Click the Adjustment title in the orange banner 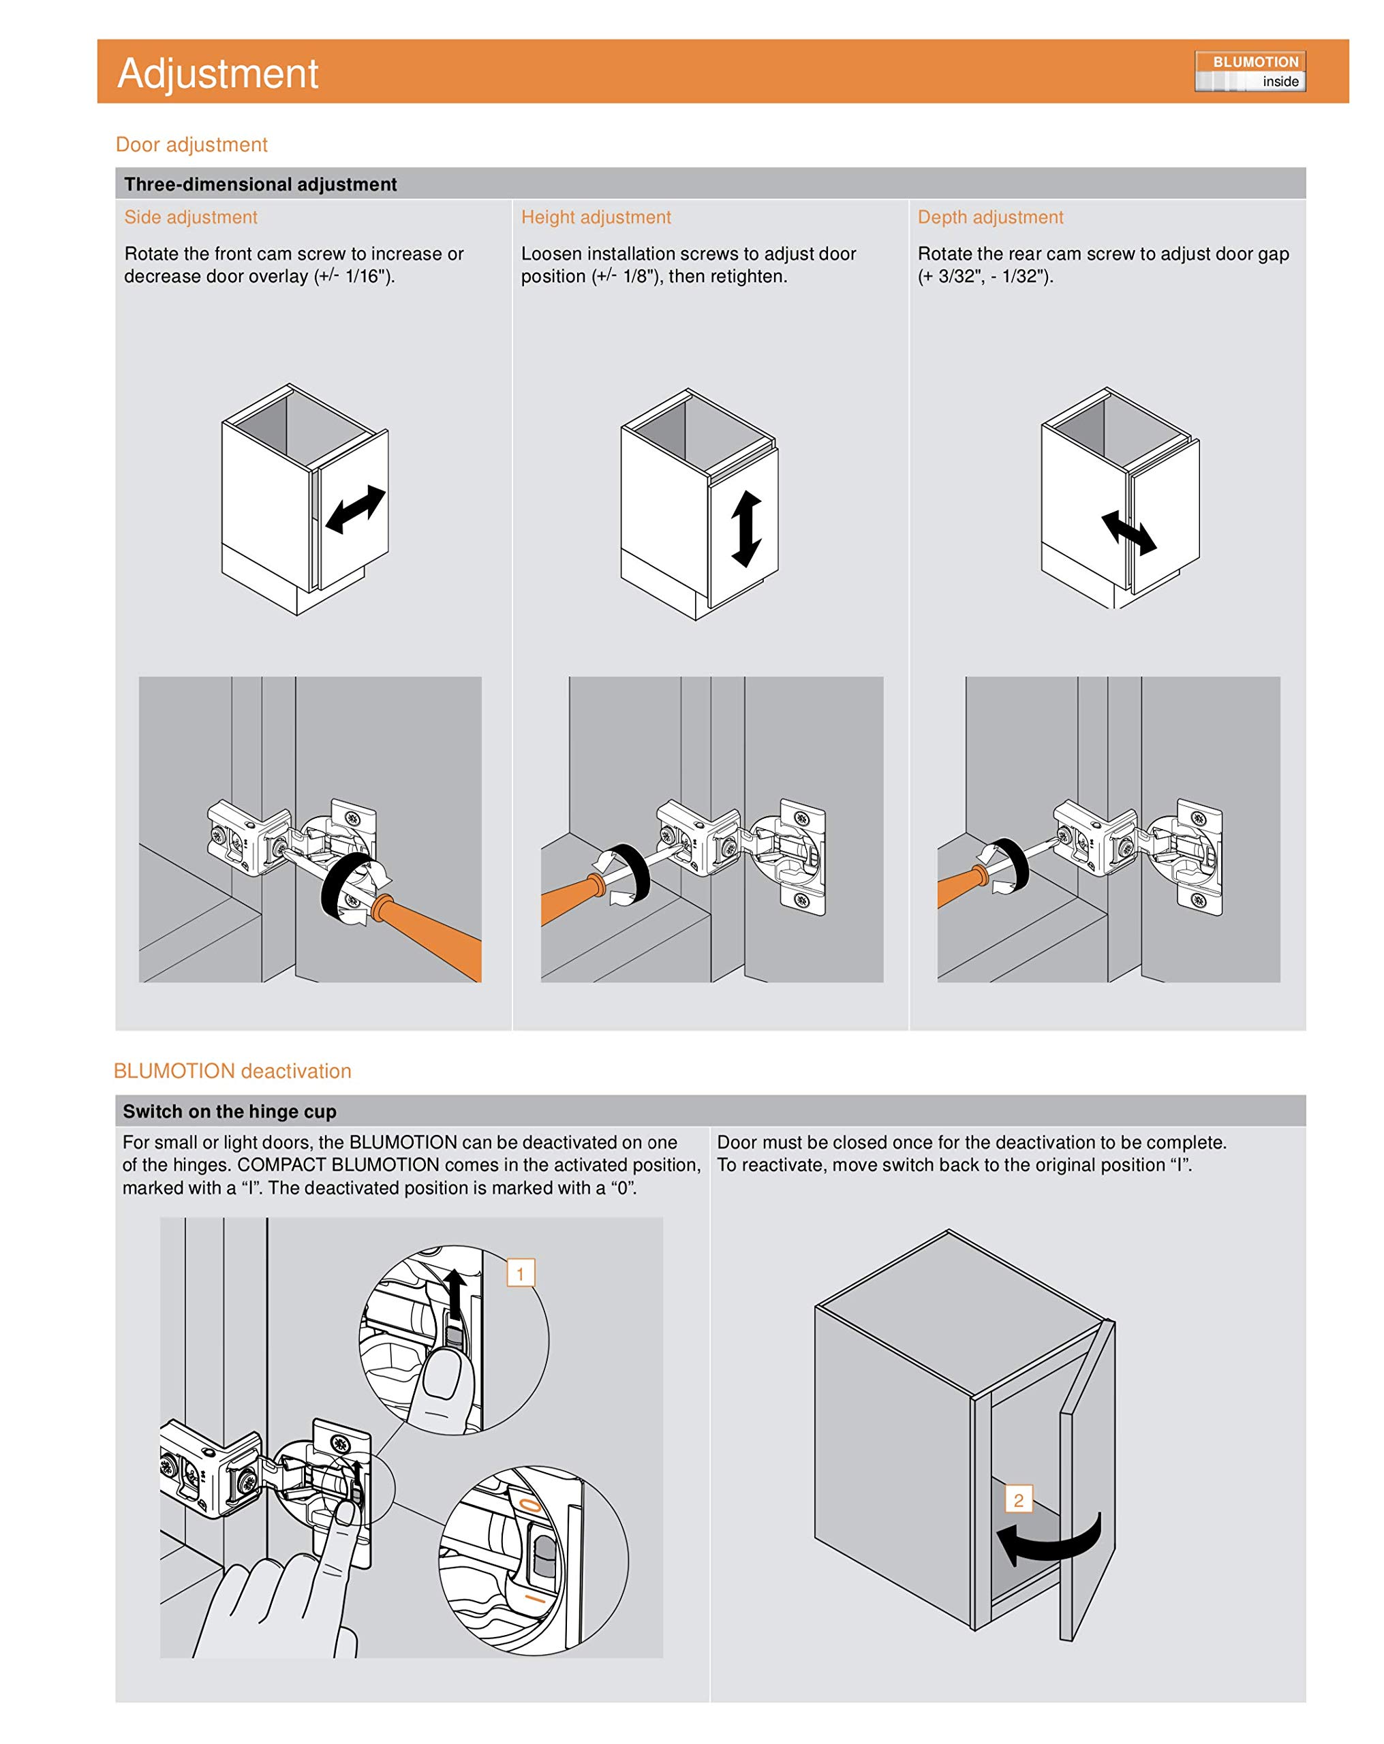coord(217,73)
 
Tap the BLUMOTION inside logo coord(1249,71)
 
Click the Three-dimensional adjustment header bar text coord(260,185)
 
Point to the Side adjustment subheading coord(190,217)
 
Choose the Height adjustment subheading coord(596,217)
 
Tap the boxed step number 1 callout coord(521,1273)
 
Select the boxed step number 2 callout coord(1017,1499)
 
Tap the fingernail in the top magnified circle coord(442,1373)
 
